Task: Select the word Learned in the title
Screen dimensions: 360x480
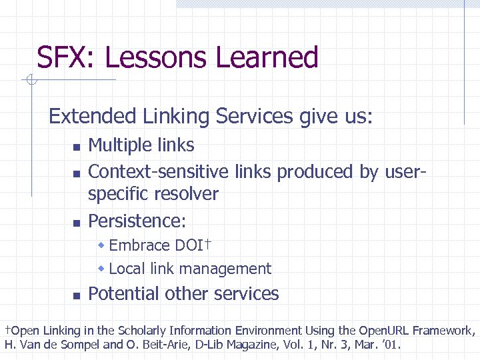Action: click(267, 58)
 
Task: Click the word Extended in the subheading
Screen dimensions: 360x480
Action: click(92, 117)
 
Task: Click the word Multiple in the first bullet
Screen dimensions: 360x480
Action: click(121, 145)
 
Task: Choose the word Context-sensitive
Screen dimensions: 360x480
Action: click(159, 171)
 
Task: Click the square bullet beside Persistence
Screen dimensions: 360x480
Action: click(76, 222)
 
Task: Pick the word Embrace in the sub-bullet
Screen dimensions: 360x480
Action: click(139, 245)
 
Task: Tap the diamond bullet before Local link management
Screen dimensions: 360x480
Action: click(102, 268)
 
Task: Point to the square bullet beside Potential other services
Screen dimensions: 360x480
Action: click(76, 295)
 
